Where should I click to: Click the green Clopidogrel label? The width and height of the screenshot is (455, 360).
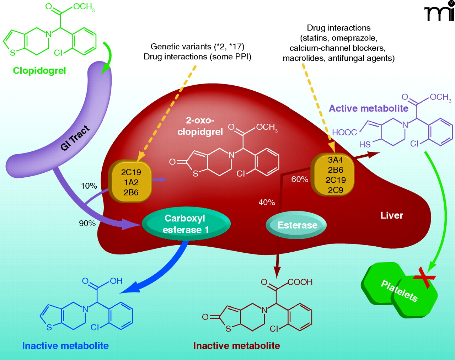(39, 71)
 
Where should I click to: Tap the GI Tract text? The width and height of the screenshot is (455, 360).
(75, 138)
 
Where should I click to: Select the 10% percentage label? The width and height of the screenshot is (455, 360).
(89, 186)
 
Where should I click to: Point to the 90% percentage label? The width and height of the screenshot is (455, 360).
(87, 224)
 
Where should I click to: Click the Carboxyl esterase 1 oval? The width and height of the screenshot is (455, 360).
(186, 224)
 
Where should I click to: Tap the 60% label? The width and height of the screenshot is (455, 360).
(300, 179)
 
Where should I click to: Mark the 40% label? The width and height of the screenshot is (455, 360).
(267, 202)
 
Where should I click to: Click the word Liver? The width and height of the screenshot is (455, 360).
(392, 215)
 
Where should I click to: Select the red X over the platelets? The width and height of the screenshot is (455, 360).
(424, 277)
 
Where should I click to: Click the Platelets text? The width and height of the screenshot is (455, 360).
(399, 291)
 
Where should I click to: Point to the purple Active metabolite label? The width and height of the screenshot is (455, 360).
(368, 108)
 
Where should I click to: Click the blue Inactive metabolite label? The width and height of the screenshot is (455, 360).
(65, 346)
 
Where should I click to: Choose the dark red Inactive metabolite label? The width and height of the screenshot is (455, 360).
(236, 346)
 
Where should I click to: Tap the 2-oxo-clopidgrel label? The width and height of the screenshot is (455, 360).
(200, 126)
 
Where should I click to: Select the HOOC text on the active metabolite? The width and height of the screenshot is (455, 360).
(344, 133)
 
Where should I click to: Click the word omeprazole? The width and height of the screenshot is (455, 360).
(355, 38)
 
